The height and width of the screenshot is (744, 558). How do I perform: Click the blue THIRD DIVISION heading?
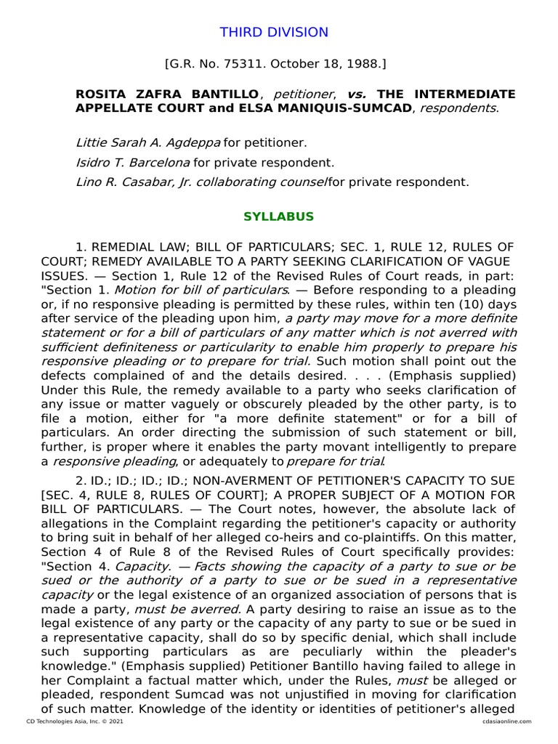click(274, 33)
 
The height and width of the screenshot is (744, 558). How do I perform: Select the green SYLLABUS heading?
click(278, 217)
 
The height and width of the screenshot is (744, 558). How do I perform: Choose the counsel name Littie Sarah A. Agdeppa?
click(147, 142)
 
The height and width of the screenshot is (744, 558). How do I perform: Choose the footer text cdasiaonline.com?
click(507, 721)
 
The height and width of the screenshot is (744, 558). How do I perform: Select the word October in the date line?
click(310, 65)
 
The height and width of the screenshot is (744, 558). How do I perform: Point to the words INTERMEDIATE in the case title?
click(465, 94)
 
